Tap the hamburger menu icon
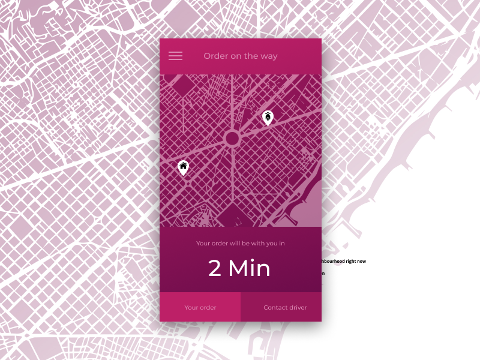click(175, 56)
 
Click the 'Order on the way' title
click(240, 56)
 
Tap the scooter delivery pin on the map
click(268, 117)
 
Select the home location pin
click(183, 167)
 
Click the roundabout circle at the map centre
click(232, 139)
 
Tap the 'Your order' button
click(200, 307)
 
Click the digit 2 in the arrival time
click(215, 268)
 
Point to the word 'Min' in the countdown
click(249, 268)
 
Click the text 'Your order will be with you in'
click(240, 244)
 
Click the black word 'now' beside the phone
click(361, 262)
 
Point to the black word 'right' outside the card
click(349, 262)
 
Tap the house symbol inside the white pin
click(183, 165)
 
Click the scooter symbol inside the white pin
click(268, 115)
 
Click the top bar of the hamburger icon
click(175, 52)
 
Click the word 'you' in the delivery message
click(269, 244)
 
